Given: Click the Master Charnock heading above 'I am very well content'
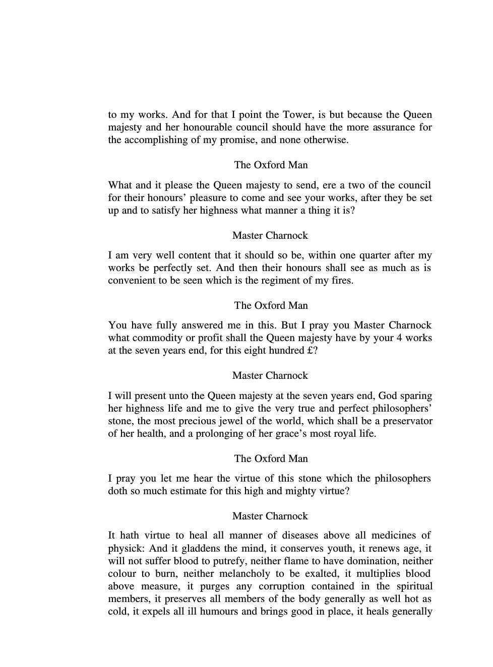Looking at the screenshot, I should [270, 235].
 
